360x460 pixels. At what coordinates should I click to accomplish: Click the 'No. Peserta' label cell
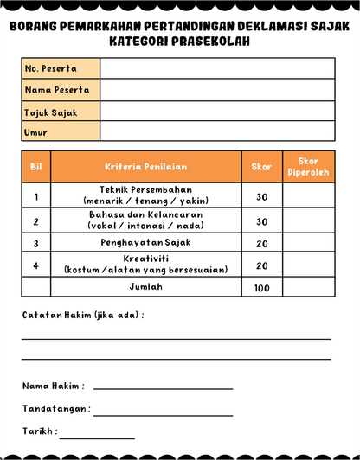61,68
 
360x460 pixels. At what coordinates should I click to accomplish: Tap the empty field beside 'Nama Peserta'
216,89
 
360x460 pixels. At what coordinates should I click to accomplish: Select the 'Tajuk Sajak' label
61,111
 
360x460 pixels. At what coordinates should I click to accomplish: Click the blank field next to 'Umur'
216,131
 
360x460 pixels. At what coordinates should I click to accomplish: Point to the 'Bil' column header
36,167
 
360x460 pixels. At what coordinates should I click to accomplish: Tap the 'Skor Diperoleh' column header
308,167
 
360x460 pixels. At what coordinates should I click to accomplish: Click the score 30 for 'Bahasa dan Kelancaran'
261,221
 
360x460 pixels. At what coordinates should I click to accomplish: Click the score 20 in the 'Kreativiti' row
261,265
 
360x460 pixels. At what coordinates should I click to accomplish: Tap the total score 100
261,288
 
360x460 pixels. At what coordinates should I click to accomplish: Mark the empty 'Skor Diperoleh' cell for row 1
308,196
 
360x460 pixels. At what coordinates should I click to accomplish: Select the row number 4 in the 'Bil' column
36,265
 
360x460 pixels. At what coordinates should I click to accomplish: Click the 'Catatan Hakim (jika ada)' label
83,315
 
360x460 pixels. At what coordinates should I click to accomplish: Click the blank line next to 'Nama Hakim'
163,387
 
